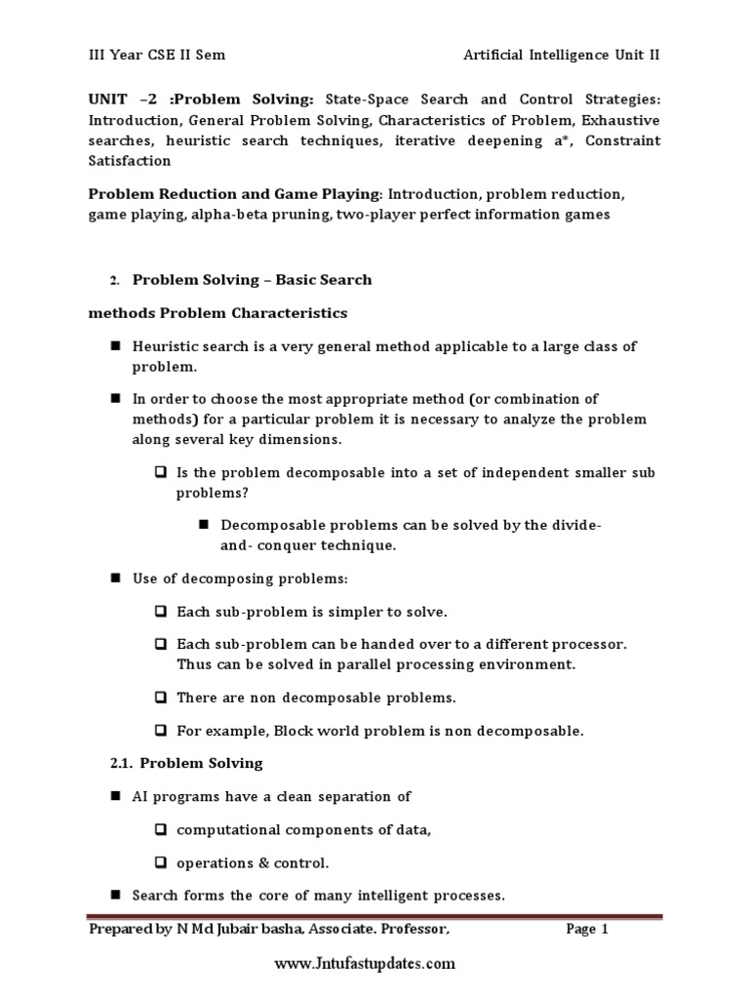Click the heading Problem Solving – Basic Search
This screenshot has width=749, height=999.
[252, 280]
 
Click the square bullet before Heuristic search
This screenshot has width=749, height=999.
[114, 347]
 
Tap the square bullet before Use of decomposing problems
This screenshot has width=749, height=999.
[114, 579]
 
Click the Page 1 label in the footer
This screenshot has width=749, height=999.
[587, 930]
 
